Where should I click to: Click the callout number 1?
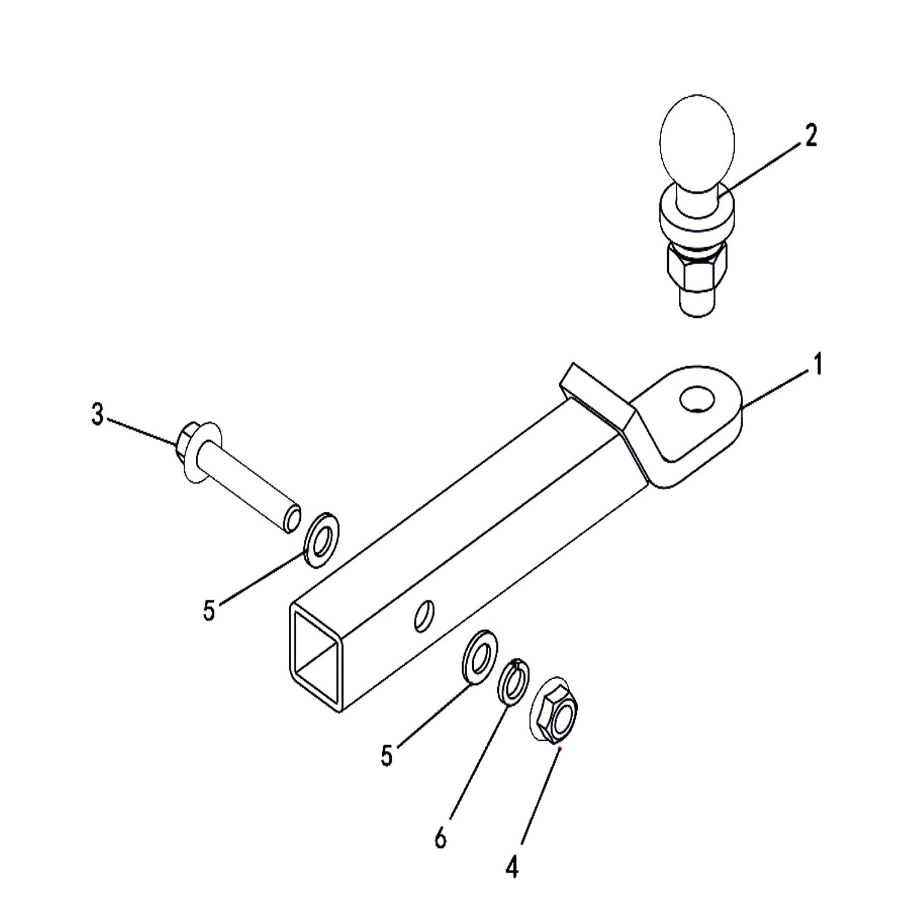coord(818,366)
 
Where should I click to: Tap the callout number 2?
coord(810,136)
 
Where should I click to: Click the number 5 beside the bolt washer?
coord(208,610)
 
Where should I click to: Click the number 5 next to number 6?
coord(387,755)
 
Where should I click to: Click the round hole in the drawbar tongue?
coord(697,400)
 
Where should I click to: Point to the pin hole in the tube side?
coord(424,616)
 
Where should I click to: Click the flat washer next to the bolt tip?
coord(321,540)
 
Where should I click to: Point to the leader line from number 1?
coord(775,390)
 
